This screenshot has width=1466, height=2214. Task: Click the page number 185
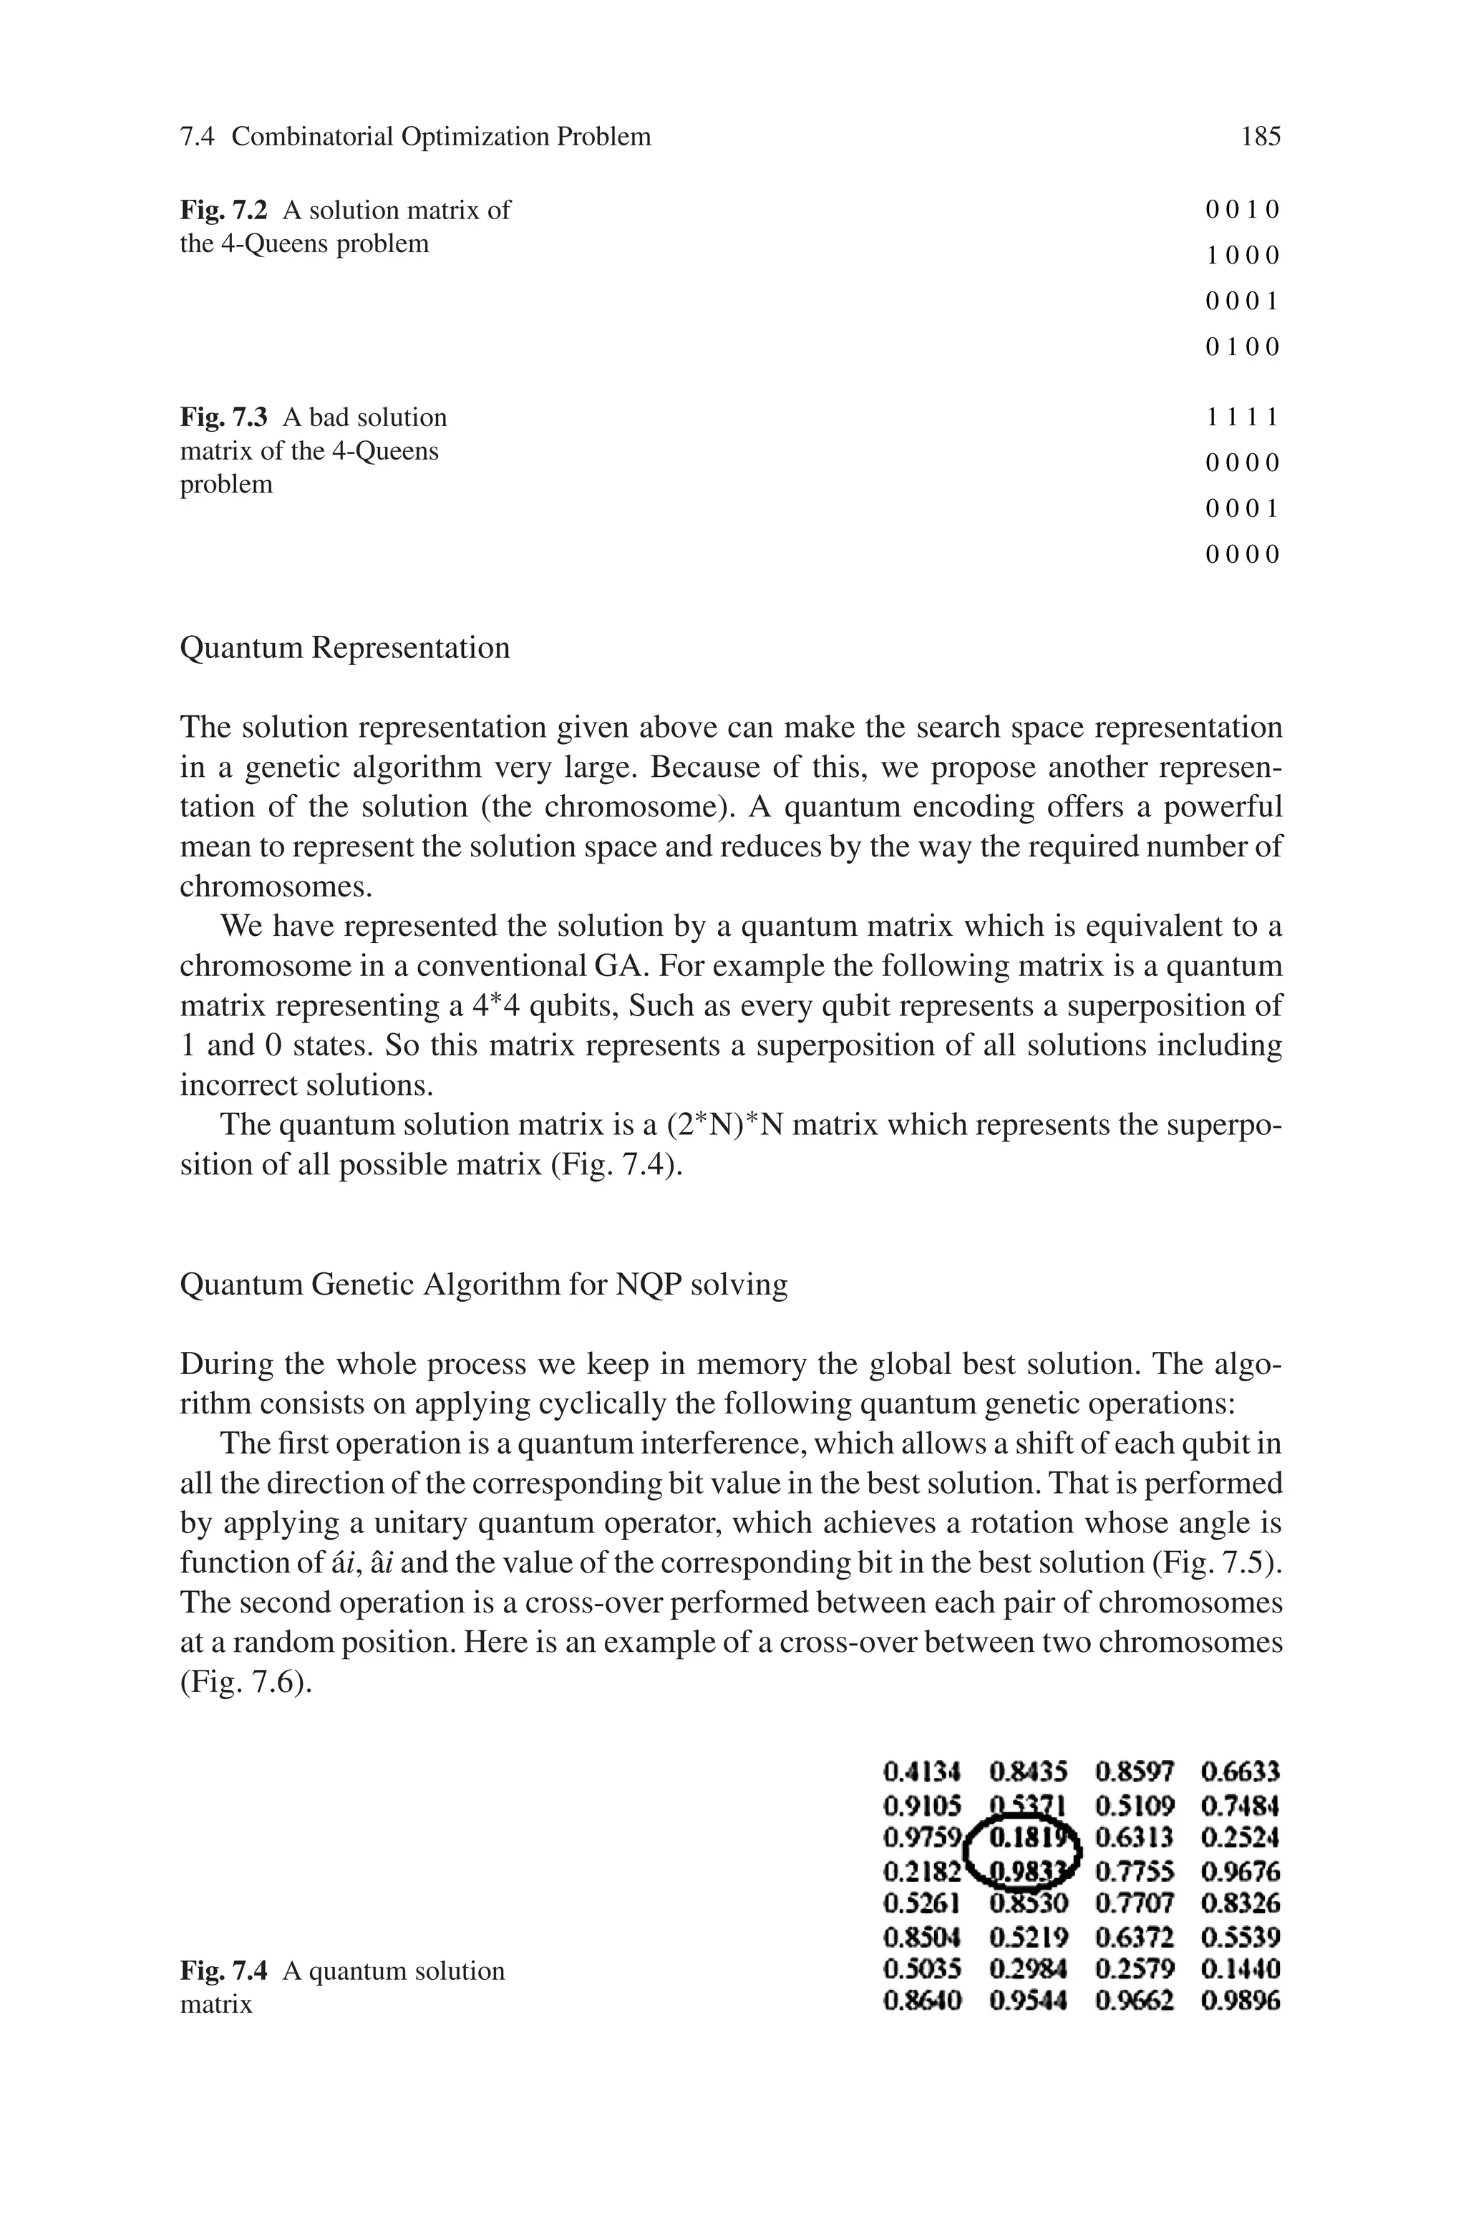(x=1261, y=137)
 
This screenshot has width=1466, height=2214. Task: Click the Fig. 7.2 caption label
(x=223, y=211)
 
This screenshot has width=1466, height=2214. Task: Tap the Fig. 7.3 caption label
(x=223, y=418)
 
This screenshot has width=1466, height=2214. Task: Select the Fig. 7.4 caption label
(x=223, y=1971)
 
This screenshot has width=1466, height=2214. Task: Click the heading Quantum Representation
(x=344, y=648)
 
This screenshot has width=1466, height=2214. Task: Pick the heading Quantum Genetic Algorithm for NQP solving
(x=482, y=1285)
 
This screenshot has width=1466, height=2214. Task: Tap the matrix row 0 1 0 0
(x=1242, y=348)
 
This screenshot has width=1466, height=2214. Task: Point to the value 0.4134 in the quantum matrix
(x=922, y=1771)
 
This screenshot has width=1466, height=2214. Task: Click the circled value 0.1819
(x=1026, y=1838)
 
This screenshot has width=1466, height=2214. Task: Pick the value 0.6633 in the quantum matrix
(x=1240, y=1771)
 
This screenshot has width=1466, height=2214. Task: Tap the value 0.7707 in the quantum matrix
(x=1134, y=1903)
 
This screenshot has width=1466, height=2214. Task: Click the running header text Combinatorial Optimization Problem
(x=440, y=137)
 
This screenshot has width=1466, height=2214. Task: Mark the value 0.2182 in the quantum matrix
(x=922, y=1872)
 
